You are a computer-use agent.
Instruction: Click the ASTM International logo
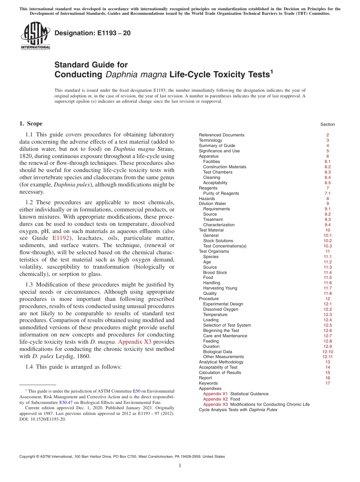coord(35,36)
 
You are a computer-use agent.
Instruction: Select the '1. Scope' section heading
coord(31,124)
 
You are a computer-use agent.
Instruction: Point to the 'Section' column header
coord(327,124)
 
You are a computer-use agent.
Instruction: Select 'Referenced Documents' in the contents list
coord(221,135)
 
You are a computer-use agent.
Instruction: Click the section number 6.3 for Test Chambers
coord(327,172)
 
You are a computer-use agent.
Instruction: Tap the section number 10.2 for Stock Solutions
coord(327,241)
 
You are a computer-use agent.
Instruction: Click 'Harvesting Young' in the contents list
coord(220,288)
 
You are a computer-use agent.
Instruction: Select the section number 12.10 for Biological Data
coord(327,352)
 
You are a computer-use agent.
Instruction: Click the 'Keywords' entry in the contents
coord(208,383)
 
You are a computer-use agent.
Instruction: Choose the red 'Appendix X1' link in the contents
coord(215,394)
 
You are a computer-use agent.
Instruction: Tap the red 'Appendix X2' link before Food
coord(215,399)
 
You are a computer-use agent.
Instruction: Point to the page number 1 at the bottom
coord(180,466)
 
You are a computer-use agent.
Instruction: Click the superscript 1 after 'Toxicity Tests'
coord(271,71)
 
